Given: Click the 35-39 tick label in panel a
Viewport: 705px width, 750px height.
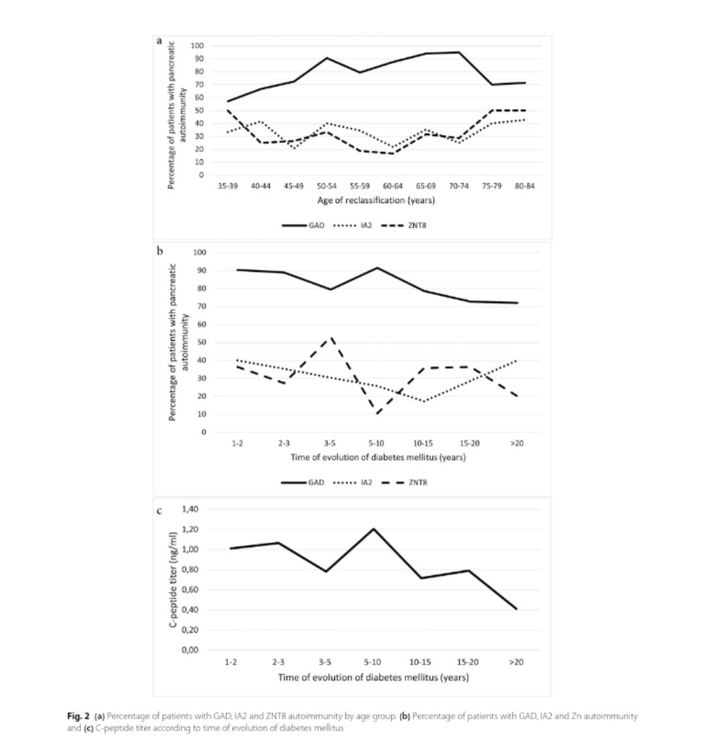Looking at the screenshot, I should pos(227,186).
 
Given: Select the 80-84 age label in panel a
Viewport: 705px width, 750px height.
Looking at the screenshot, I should pos(524,186).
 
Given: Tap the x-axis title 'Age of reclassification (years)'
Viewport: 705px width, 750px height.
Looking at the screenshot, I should pos(376,200).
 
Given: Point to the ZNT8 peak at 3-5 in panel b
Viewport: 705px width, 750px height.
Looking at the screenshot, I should pos(331,338).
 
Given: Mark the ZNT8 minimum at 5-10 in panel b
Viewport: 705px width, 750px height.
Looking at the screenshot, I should pos(377,414).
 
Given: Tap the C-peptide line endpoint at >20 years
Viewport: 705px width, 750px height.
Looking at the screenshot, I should pos(517,609).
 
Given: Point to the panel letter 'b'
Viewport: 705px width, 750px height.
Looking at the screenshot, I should pos(159,250).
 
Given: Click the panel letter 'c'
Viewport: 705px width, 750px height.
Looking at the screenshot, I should pos(159,510).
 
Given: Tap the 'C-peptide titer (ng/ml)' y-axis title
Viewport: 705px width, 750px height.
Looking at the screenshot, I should pos(173,580).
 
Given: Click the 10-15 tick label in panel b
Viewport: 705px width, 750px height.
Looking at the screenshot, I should pos(423,443).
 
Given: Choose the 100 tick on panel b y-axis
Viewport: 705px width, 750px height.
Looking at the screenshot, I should pos(200,253).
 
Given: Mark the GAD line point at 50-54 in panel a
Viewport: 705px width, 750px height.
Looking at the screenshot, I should pos(327,58).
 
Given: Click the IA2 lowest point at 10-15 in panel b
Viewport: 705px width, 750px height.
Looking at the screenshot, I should pos(424,401).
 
